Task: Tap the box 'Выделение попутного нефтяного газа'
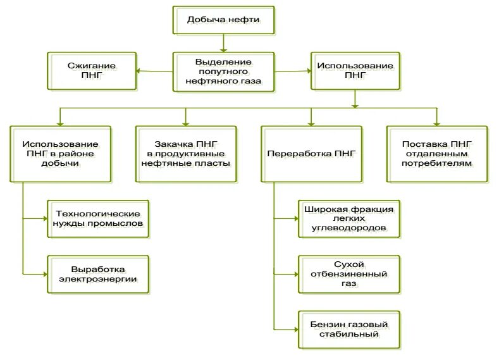tap(223, 71)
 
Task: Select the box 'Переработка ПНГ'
tap(311, 154)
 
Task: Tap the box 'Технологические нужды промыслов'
tap(99, 218)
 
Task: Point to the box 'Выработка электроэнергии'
tap(99, 274)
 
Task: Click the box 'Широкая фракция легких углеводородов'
tap(349, 218)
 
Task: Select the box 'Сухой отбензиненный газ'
tap(349, 274)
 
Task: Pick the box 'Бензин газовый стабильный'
tap(349, 329)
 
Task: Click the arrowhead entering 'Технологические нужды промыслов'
tap(45, 219)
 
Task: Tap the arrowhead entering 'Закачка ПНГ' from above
tap(185, 122)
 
